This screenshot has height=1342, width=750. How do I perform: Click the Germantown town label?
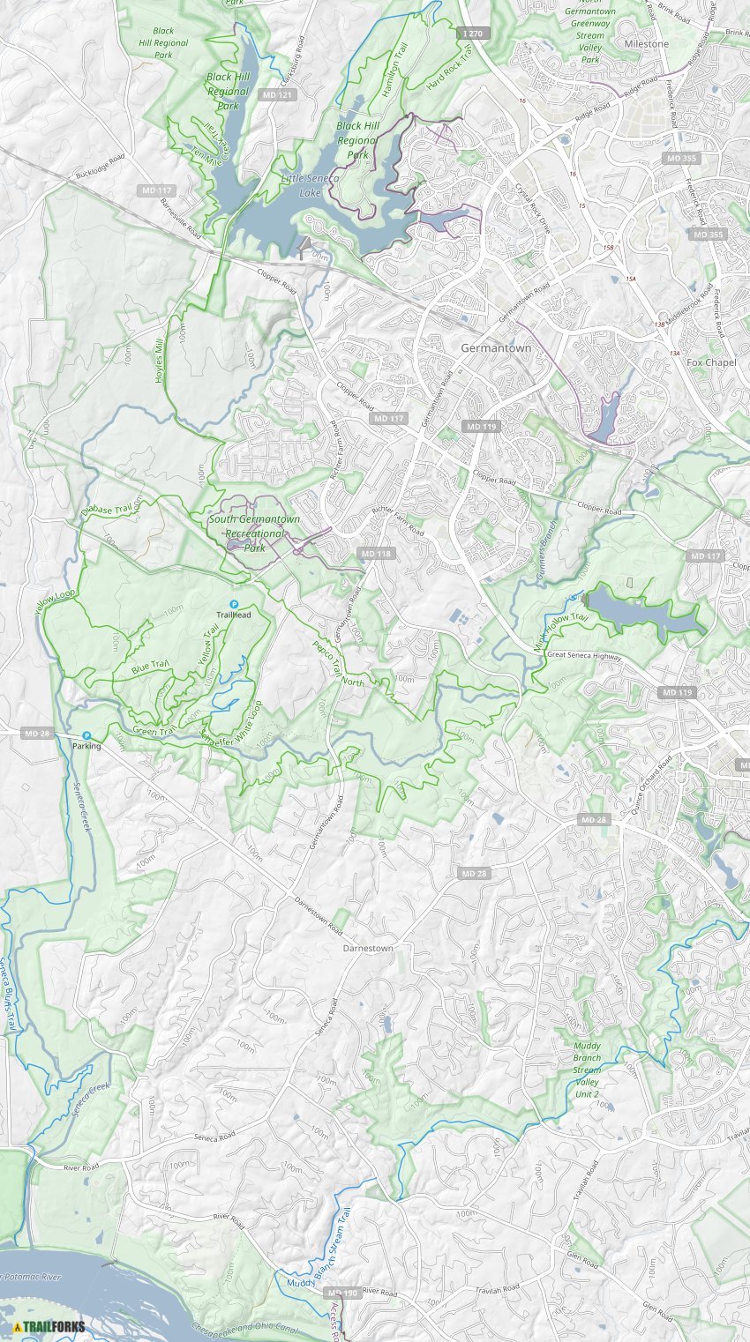[496, 348]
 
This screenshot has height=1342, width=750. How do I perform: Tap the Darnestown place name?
[368, 948]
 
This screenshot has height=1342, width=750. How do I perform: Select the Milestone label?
[646, 43]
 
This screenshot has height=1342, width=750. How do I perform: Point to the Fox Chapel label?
[711, 362]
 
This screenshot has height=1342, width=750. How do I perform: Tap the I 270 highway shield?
[474, 33]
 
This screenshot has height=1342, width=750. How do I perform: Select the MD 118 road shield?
[375, 553]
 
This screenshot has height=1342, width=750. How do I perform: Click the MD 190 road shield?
[341, 1293]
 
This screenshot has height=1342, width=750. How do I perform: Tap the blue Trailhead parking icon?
[235, 604]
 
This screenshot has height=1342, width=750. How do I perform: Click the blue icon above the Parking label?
[86, 735]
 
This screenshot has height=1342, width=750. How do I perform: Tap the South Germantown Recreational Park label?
[253, 533]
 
